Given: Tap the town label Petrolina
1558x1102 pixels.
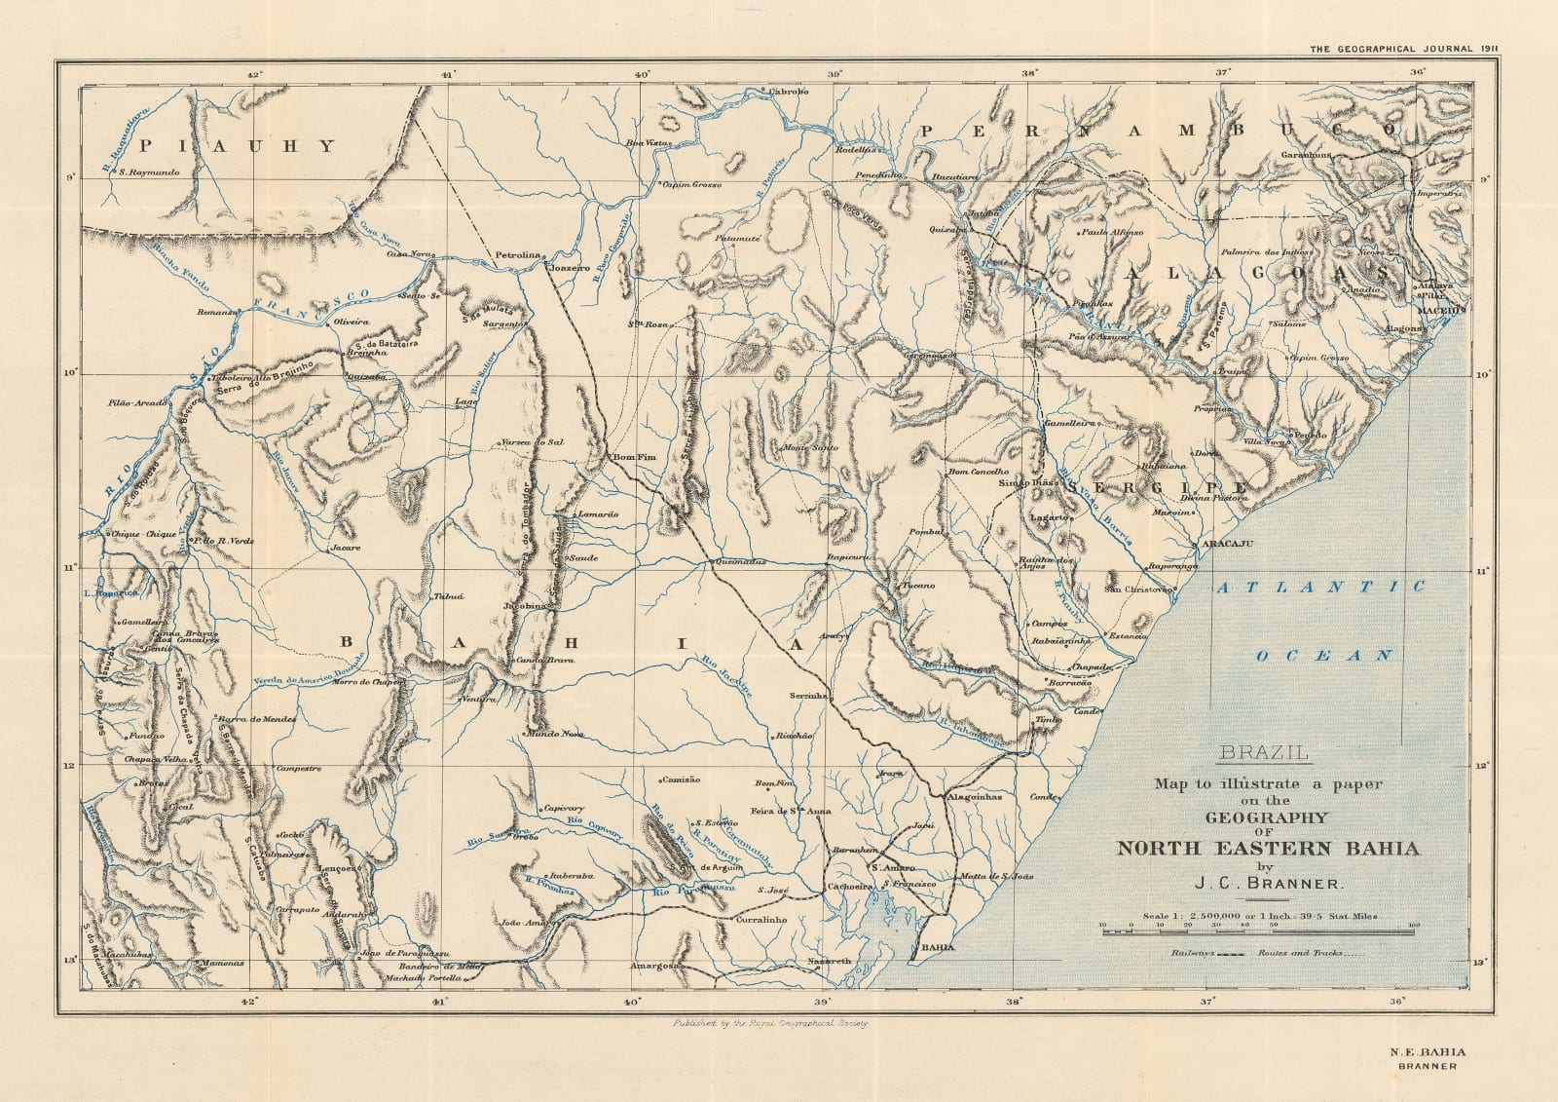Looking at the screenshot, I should pyautogui.click(x=518, y=255).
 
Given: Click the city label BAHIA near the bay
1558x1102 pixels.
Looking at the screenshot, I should pyautogui.click(x=938, y=947).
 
